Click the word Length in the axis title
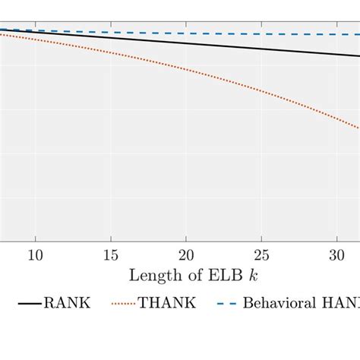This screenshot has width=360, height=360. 152,274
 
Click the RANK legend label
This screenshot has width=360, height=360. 67,303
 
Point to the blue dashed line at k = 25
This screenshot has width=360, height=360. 261,33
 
